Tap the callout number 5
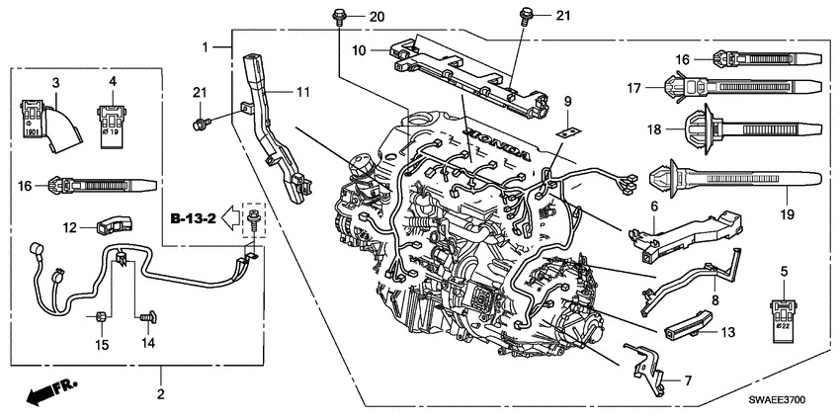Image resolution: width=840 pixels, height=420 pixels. (783, 270)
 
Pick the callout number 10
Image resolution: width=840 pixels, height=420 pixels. (361, 49)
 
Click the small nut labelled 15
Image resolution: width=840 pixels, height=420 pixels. (102, 318)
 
